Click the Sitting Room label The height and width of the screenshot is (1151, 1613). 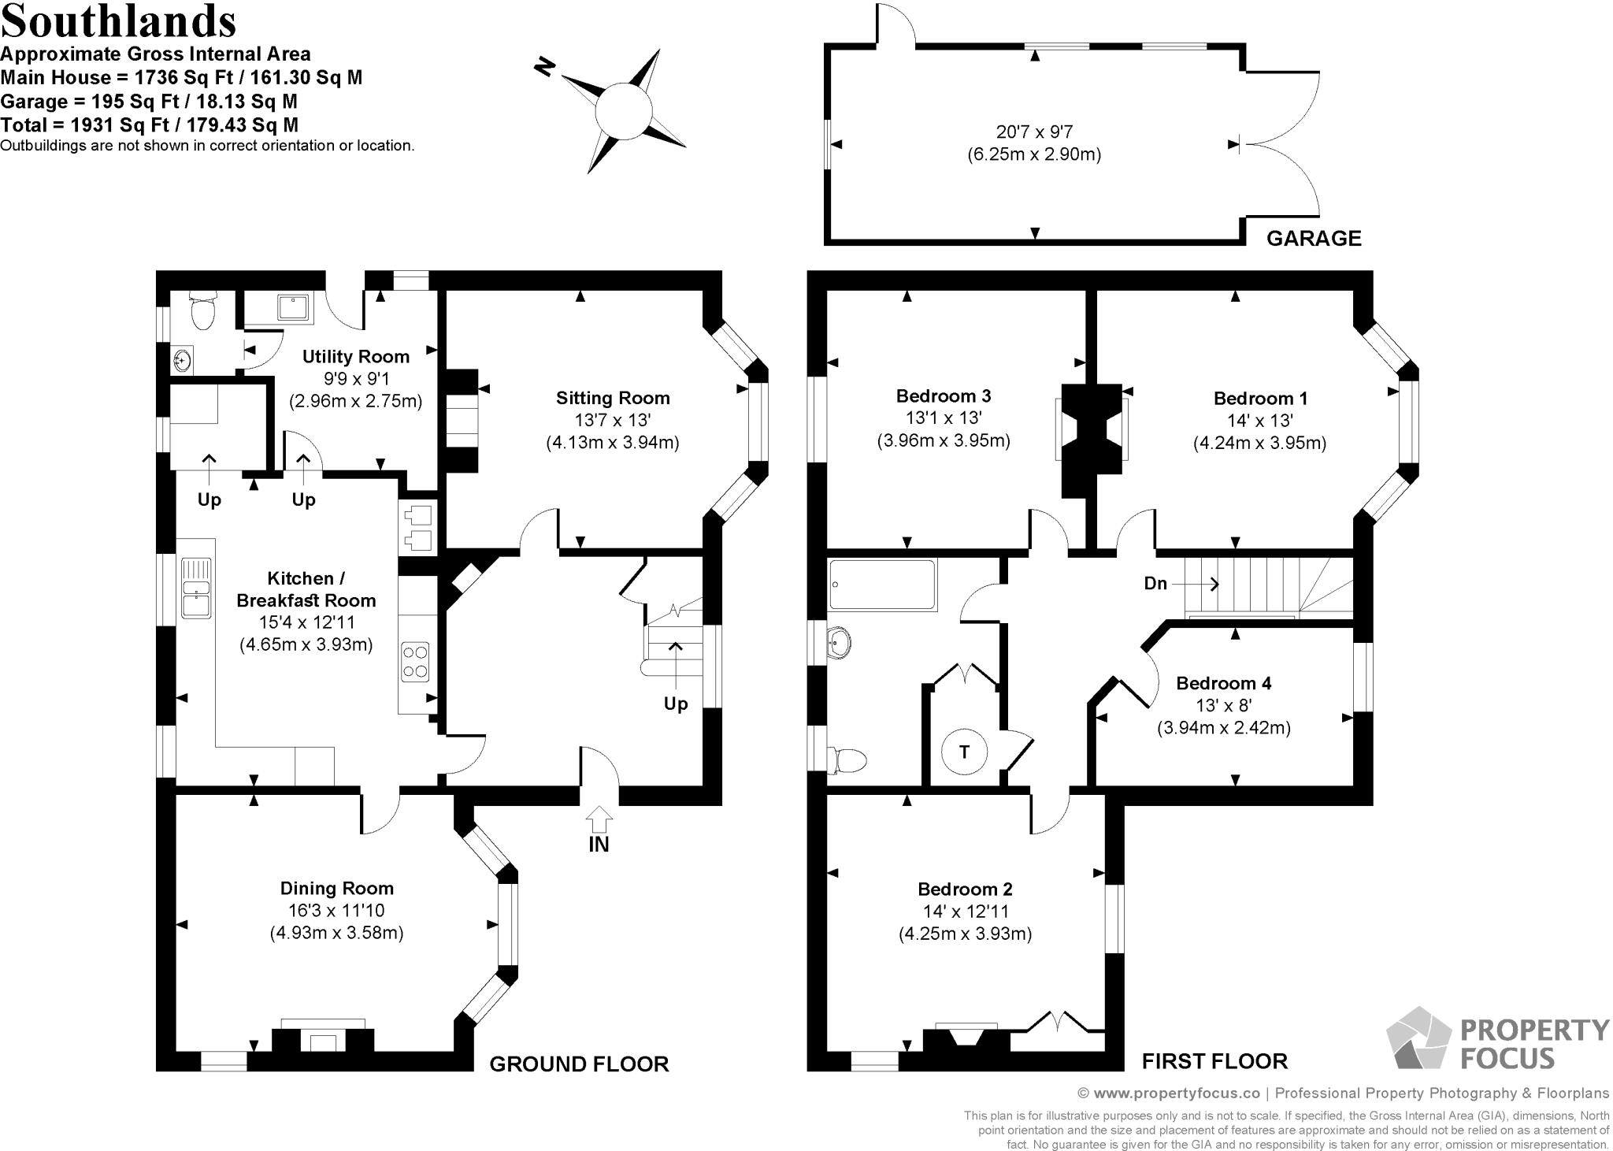click(613, 398)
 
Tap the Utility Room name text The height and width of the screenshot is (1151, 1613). click(356, 356)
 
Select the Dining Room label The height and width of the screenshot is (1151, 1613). click(337, 888)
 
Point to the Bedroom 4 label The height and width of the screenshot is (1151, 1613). click(1223, 683)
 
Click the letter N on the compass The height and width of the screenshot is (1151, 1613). click(543, 68)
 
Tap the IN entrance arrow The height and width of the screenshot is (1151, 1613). click(599, 820)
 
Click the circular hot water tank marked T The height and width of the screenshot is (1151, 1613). click(964, 751)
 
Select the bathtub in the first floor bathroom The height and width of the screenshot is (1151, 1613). click(883, 585)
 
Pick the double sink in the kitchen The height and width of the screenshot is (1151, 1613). click(195, 587)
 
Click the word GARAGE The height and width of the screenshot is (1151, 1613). click(1314, 238)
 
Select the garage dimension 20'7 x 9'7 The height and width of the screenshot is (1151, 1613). click(1034, 132)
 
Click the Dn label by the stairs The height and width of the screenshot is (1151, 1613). click(1155, 584)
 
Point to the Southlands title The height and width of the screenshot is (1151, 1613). click(119, 21)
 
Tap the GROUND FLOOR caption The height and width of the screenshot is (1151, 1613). click(579, 1064)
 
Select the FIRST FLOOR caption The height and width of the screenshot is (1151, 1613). click(1214, 1062)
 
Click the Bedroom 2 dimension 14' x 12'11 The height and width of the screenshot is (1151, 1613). click(965, 912)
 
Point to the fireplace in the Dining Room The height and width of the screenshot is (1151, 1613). click(323, 1038)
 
